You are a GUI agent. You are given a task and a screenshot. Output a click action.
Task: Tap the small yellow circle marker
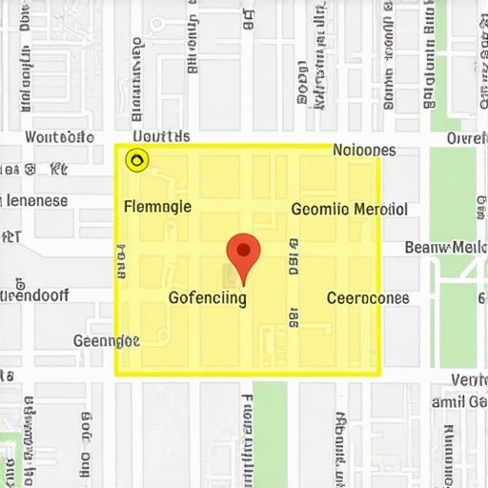click(137, 160)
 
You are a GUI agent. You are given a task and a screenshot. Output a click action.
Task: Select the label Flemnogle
click(158, 206)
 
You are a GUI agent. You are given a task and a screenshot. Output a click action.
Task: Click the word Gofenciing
click(207, 297)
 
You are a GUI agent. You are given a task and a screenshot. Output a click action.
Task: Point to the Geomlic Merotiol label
click(349, 210)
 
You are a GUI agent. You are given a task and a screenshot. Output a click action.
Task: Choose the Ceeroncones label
click(368, 297)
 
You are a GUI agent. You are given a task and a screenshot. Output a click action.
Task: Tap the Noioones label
click(364, 150)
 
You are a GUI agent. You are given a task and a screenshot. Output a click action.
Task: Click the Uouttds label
click(158, 138)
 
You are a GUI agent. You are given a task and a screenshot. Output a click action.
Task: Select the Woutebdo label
click(59, 138)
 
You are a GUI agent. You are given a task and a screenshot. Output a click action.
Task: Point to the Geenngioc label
click(107, 340)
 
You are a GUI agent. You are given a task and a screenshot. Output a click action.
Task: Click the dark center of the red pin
click(243, 250)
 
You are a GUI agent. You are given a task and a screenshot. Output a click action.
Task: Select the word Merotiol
click(380, 210)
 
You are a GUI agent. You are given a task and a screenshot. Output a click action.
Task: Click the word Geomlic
click(319, 210)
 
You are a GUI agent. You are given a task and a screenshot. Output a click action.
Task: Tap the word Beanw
click(426, 248)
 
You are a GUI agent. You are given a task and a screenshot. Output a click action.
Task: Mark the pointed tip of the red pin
click(243, 284)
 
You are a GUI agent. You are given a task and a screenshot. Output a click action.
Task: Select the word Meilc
click(469, 248)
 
